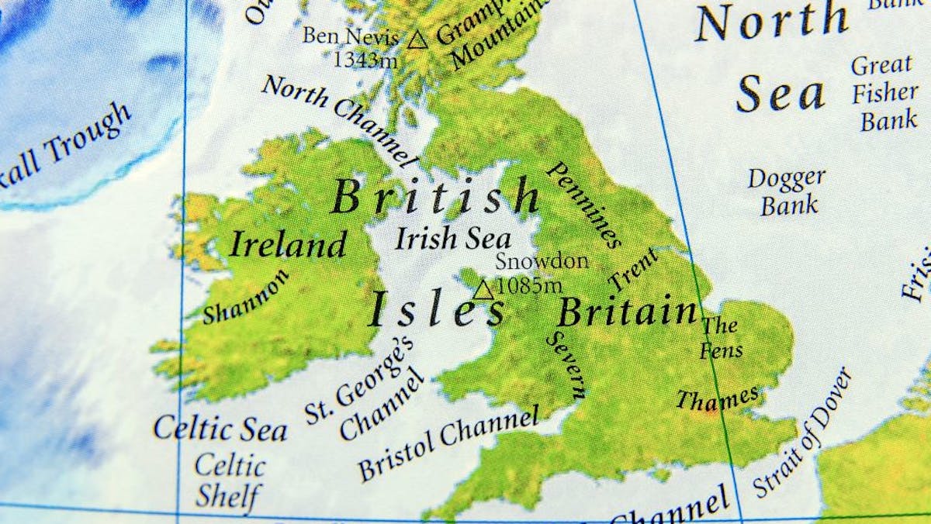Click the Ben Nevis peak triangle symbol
(x=417, y=40)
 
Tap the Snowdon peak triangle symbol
(x=484, y=290)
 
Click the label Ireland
(x=287, y=245)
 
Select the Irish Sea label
(x=453, y=239)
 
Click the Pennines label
(x=586, y=205)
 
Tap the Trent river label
(x=634, y=269)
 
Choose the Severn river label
(x=566, y=364)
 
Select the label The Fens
(x=721, y=337)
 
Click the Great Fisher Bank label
(x=884, y=92)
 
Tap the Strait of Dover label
(x=802, y=433)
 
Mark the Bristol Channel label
(x=448, y=443)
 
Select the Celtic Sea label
(x=220, y=429)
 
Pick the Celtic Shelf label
(x=228, y=480)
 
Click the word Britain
(x=627, y=312)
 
